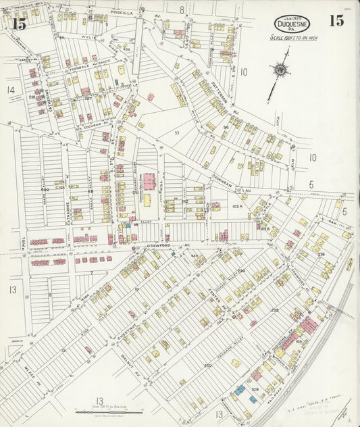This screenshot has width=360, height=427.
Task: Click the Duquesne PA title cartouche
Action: coord(292,24)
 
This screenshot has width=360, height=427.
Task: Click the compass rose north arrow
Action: coord(279,70)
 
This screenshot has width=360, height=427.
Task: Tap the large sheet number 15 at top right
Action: coord(336,20)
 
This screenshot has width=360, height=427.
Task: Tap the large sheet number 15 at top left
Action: coord(19,24)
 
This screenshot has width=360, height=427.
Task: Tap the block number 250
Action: coord(208,366)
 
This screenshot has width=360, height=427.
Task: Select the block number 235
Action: coord(274,310)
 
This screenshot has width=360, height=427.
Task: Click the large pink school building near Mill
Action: coord(149,182)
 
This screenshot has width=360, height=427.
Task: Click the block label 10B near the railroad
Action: coord(255,389)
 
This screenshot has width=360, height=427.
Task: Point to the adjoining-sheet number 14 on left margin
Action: coord(10,89)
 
